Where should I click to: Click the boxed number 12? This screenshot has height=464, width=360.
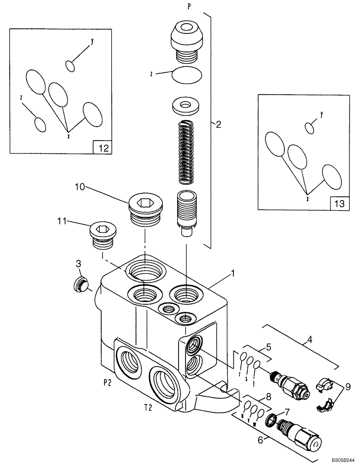click(103, 148)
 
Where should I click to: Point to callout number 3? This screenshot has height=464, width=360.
click(78, 264)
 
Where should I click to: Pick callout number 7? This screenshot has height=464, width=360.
click(287, 412)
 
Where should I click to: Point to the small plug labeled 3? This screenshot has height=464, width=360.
click(80, 284)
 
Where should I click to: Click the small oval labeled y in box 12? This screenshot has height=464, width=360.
click(70, 66)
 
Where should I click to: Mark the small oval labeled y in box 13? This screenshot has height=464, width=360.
click(310, 126)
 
